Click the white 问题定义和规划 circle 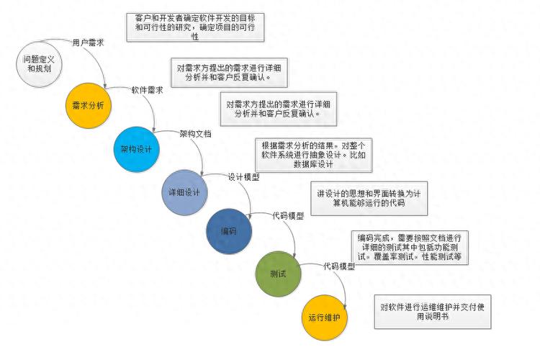tap(39, 64)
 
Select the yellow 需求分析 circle tap(88, 105)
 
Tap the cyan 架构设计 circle tap(136, 149)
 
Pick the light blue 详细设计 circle tap(184, 192)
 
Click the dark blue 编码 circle tap(229, 231)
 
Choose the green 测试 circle tap(278, 274)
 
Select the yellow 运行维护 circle tap(325, 318)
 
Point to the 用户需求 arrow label tap(88, 42)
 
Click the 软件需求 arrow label tap(147, 90)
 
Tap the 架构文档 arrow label tap(195, 134)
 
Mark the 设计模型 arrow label tap(243, 177)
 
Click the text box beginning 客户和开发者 tap(195, 27)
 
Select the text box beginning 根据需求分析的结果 tap(313, 155)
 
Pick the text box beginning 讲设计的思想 tap(369, 199)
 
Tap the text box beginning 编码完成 tap(410, 248)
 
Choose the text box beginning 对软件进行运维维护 tap(433, 312)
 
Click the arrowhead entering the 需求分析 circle tap(105, 85)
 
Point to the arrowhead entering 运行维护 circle tap(345, 307)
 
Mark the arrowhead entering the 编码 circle tap(250, 216)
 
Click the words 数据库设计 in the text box tap(313, 164)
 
